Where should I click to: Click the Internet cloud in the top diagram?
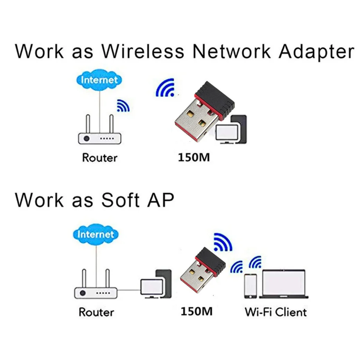(x=99, y=80)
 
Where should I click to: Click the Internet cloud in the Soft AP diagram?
(x=95, y=235)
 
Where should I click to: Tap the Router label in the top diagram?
(x=99, y=158)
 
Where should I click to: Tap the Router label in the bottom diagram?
(x=96, y=312)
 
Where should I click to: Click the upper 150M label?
(x=193, y=158)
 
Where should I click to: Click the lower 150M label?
(x=196, y=312)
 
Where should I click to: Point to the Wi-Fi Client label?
(x=275, y=312)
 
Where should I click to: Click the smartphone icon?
(x=250, y=286)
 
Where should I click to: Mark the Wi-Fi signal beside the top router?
(x=123, y=106)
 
